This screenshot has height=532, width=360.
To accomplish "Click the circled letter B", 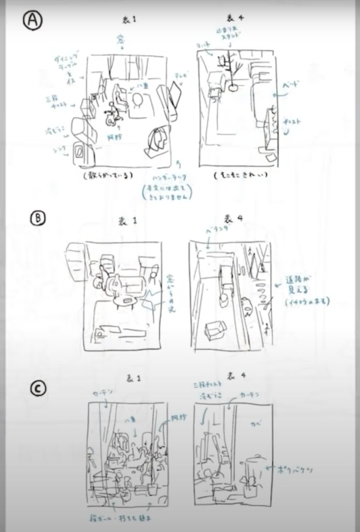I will [37, 218].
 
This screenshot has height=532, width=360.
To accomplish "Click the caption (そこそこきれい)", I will [241, 176].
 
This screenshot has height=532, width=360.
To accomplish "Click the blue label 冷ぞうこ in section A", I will [56, 128].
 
